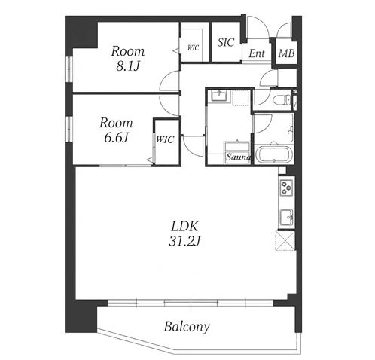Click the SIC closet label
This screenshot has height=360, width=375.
(226, 42)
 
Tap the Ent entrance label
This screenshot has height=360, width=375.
(257, 53)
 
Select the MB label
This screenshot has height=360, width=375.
(286, 53)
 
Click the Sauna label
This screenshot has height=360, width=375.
(238, 157)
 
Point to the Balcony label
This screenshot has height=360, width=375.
(187, 327)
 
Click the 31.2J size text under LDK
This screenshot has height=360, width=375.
(184, 241)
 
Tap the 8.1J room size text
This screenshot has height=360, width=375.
(128, 66)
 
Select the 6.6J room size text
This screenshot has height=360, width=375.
(116, 137)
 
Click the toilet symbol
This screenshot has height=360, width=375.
(282, 99)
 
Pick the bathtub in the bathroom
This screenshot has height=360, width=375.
(273, 155)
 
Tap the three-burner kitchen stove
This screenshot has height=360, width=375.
(286, 188)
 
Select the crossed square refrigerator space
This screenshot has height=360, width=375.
(285, 241)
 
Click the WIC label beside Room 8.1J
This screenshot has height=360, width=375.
(193, 47)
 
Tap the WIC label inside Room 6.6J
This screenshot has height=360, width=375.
(165, 139)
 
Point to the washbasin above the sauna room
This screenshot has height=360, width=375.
(220, 96)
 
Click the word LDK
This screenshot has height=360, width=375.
(184, 227)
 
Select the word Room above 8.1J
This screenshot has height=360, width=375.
(128, 51)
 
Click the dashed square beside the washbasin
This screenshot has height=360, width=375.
(241, 98)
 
